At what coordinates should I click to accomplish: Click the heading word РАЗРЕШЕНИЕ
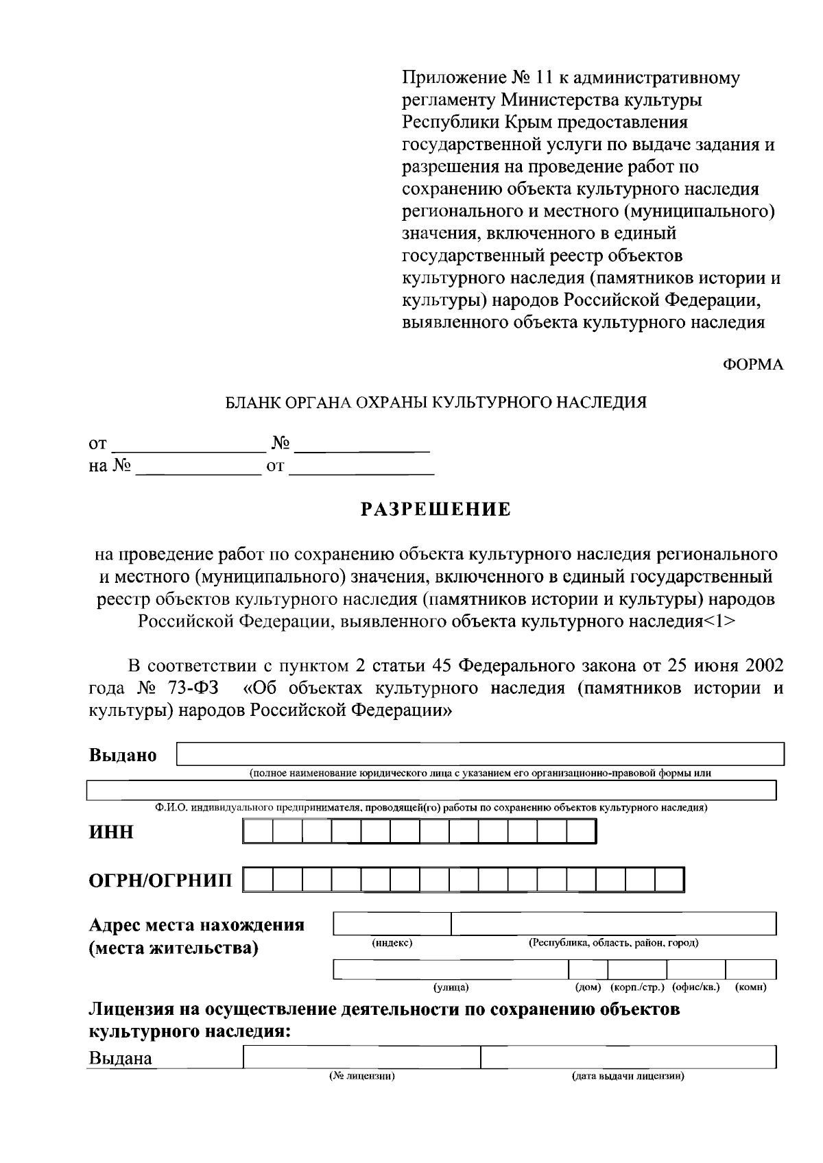click(x=436, y=509)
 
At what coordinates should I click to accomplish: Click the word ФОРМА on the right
click(x=753, y=365)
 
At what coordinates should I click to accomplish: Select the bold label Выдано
click(x=123, y=755)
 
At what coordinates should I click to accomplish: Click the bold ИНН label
click(x=111, y=832)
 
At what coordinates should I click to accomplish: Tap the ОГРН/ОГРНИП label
click(x=160, y=880)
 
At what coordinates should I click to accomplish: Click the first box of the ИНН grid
click(x=258, y=832)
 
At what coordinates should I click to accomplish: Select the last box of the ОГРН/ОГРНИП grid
click(x=669, y=880)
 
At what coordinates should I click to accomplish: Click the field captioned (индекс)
click(x=392, y=924)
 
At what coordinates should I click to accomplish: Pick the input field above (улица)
click(x=451, y=970)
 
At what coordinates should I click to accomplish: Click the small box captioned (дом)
click(x=588, y=970)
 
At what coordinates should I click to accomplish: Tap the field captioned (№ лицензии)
click(x=361, y=1057)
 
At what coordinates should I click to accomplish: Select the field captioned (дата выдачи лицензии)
click(x=628, y=1057)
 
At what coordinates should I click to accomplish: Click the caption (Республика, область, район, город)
click(x=613, y=943)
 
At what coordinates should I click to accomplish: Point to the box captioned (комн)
click(x=750, y=970)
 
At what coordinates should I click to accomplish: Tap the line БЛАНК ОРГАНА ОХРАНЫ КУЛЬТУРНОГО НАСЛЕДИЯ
click(x=436, y=403)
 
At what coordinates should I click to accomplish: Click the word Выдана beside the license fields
click(x=121, y=1058)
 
